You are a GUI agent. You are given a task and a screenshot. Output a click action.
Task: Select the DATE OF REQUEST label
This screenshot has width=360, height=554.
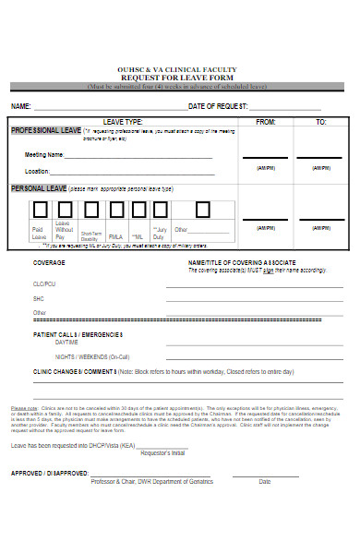[221, 107]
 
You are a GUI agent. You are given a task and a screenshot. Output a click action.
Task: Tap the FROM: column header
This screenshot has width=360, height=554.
[265, 122]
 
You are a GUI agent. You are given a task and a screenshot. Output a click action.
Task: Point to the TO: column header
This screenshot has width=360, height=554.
[321, 122]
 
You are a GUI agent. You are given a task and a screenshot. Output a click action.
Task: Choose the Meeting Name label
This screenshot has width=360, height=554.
[44, 154]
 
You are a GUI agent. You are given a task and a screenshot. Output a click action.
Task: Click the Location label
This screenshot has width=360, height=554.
[38, 172]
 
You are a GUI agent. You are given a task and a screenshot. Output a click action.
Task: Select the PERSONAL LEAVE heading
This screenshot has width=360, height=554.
[41, 188]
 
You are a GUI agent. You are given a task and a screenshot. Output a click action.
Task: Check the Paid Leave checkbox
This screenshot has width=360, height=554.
[39, 211]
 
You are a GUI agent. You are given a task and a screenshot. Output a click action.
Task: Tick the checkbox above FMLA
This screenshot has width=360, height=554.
[114, 211]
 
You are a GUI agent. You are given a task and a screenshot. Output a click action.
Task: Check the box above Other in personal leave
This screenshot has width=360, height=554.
[184, 211]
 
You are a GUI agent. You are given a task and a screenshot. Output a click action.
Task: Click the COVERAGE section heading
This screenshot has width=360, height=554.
[49, 263]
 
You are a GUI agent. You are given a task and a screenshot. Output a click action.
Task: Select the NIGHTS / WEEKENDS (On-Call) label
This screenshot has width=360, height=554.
[92, 356]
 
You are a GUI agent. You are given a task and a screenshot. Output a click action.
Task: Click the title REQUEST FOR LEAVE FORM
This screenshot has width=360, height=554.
[179, 78]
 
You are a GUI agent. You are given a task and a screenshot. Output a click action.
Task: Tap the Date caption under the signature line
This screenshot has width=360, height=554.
[265, 481]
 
